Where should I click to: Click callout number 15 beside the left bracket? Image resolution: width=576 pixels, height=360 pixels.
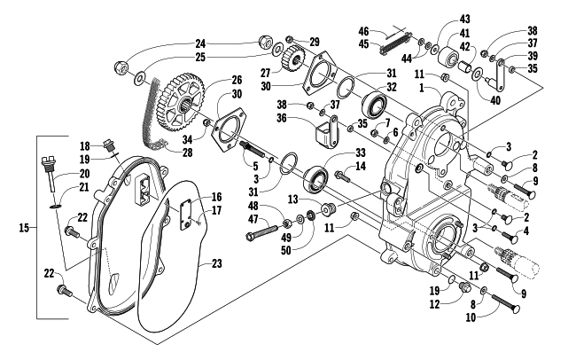pos(23,228)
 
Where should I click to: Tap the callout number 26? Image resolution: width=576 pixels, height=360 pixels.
pos(213,80)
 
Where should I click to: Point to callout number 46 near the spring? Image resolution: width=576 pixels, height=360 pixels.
pos(387,31)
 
